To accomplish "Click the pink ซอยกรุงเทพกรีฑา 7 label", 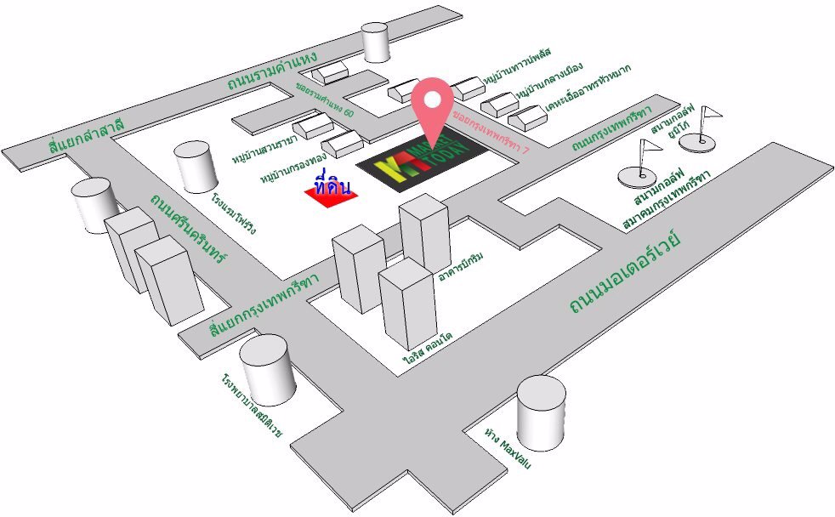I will pos(491,130).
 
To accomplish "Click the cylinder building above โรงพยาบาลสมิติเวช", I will pos(267,368).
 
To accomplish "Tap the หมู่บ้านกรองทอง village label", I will pos(293,169).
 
